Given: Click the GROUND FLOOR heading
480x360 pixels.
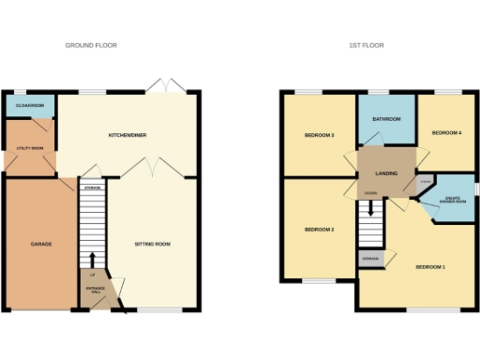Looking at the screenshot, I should click(x=91, y=45).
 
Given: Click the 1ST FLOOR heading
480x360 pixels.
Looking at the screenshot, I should click(x=367, y=45).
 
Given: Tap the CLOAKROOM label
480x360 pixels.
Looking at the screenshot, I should click(x=31, y=106).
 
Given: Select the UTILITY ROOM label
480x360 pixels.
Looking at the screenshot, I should click(x=31, y=147).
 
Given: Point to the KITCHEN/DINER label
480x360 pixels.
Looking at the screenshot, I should click(x=127, y=135).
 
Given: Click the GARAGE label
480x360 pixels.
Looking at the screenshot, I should click(x=40, y=244).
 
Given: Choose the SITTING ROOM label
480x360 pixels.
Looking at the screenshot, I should click(x=153, y=244).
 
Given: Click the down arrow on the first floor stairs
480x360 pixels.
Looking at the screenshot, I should click(x=372, y=207).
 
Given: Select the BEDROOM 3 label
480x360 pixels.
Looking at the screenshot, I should click(x=319, y=136).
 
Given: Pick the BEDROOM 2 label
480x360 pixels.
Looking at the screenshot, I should click(x=319, y=230).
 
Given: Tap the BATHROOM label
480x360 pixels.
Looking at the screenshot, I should click(x=386, y=119).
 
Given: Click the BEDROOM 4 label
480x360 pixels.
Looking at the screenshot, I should click(x=446, y=133).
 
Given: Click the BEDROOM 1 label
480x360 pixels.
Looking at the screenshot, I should click(x=430, y=267).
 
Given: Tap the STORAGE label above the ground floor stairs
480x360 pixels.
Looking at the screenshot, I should click(x=92, y=188).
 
